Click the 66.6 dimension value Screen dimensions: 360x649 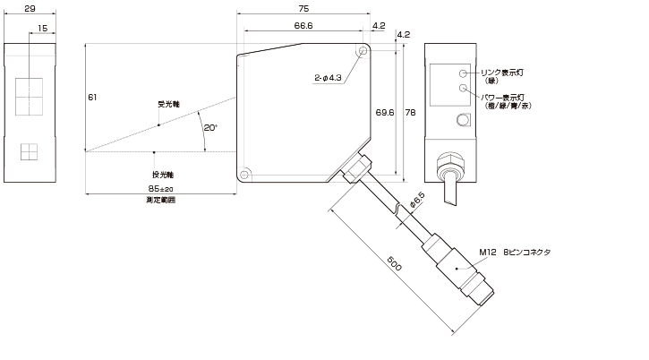click(x=303, y=26)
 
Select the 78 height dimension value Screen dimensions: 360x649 click(x=410, y=112)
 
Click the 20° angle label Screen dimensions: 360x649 click(x=209, y=128)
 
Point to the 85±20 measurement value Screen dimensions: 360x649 click(x=160, y=189)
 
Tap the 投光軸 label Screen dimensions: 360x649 click(x=162, y=172)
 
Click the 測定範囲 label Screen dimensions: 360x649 click(x=160, y=201)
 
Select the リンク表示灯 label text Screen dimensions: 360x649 click(x=506, y=72)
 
